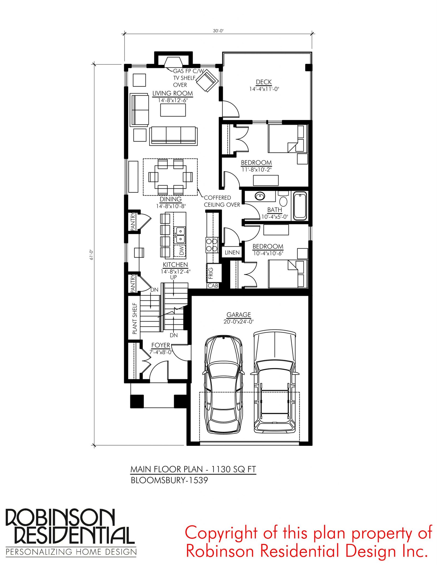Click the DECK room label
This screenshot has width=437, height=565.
[264, 82]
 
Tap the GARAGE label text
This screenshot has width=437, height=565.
[239, 315]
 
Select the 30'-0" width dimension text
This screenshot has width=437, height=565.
[218, 31]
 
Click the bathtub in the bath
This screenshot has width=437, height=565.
[300, 206]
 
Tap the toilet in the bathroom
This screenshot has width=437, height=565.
[283, 199]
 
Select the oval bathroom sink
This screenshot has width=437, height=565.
[260, 196]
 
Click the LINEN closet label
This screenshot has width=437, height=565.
[232, 253]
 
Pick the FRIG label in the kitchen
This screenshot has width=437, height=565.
[211, 273]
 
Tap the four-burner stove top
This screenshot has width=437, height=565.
[212, 245]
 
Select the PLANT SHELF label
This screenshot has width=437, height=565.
[135, 318]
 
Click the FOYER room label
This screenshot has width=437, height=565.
[161, 345]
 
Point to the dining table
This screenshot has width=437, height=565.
[170, 177]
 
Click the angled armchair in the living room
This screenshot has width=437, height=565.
[207, 81]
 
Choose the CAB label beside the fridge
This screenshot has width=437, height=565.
[213, 286]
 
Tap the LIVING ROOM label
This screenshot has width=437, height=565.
[173, 93]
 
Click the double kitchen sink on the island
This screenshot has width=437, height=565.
[180, 235]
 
